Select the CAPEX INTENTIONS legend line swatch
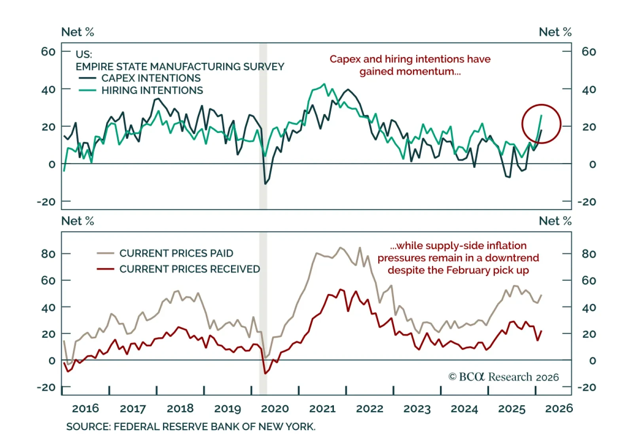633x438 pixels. [87, 78]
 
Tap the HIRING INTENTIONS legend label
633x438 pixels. [152, 91]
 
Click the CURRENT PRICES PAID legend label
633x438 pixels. [176, 253]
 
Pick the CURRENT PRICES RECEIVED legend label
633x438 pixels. [190, 269]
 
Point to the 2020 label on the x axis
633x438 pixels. [275, 408]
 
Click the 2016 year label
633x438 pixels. [85, 408]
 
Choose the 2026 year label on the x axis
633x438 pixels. [559, 408]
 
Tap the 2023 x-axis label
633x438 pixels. [417, 408]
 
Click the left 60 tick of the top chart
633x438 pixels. [48, 51]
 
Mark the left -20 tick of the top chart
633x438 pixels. [46, 202]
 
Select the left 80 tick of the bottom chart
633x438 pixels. [48, 254]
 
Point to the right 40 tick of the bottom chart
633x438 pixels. [589, 307]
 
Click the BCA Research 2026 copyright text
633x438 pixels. [503, 377]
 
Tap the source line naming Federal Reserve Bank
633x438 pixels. [191, 427]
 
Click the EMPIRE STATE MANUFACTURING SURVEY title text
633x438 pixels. [180, 66]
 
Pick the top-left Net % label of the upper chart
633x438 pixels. [78, 32]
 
